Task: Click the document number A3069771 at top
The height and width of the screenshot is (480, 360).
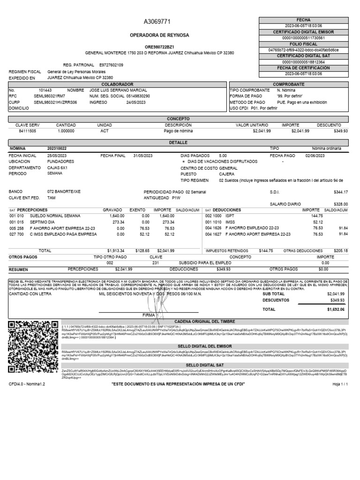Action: click(159, 22)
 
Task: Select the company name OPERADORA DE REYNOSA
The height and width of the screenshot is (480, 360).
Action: click(159, 36)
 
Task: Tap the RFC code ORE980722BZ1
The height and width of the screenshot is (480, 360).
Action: click(159, 46)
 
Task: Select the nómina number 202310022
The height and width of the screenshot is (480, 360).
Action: click(60, 148)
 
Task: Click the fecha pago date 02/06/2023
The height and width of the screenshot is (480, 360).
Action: click(315, 155)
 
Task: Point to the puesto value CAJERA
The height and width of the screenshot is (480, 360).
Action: click(226, 173)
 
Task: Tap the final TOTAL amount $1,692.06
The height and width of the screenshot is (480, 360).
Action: click(336, 309)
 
